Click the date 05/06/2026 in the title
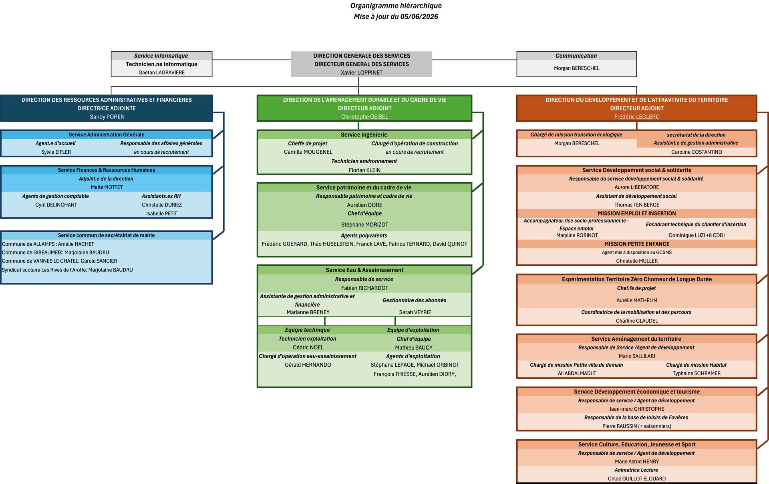[x=419, y=16]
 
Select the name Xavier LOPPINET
[x=362, y=72]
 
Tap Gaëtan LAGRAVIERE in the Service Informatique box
[x=161, y=72]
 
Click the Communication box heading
[x=576, y=56]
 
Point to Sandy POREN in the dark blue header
[x=107, y=116]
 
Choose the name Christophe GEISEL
[x=364, y=116]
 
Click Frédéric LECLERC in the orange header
[x=637, y=116]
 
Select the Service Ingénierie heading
[x=364, y=135]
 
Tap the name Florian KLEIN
[x=364, y=170]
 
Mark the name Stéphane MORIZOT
[x=364, y=225]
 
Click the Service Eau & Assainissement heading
[x=364, y=270]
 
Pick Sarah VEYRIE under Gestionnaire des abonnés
[x=415, y=312]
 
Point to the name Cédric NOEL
[x=308, y=347]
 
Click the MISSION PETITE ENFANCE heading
[x=637, y=244]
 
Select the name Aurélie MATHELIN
[x=637, y=300]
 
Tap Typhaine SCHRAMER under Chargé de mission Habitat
[x=697, y=373]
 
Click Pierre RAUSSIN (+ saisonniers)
[x=637, y=426]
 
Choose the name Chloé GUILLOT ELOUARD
[x=637, y=478]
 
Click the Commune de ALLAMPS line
[x=48, y=244]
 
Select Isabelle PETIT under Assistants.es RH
[x=161, y=213]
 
